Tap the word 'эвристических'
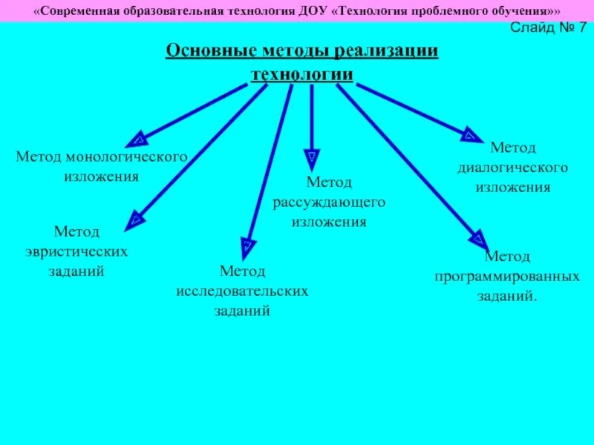[x=88, y=251]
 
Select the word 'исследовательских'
[x=242, y=291]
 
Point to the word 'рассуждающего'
[x=328, y=202]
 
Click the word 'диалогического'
[x=512, y=168]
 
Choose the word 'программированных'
[x=507, y=277]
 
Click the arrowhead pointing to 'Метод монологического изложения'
[x=137, y=139]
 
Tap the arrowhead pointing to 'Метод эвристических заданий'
[x=135, y=219]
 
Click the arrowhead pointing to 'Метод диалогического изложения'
[x=469, y=134]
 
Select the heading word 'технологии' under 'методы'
[x=301, y=74]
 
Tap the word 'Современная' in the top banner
[x=78, y=11]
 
